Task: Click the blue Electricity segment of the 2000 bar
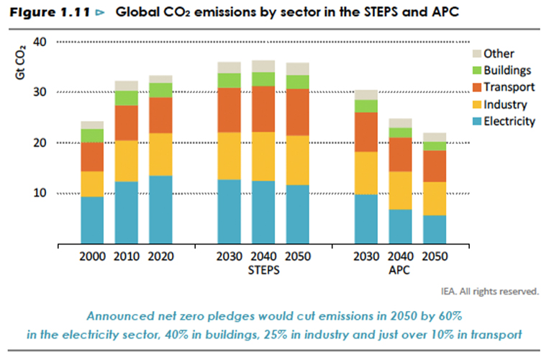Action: pyautogui.click(x=91, y=220)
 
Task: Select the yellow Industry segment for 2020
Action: pyautogui.click(x=160, y=155)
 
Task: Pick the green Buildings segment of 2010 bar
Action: pyautogui.click(x=126, y=98)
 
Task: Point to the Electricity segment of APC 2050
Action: pyautogui.click(x=434, y=230)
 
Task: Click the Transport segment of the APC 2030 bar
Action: pyautogui.click(x=365, y=132)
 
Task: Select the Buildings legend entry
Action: pyautogui.click(x=507, y=71)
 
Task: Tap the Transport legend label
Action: pyautogui.click(x=509, y=87)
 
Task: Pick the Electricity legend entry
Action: pyautogui.click(x=509, y=121)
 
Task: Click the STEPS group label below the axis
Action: pyautogui.click(x=263, y=271)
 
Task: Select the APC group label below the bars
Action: pyautogui.click(x=399, y=271)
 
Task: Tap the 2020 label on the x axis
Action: pyautogui.click(x=160, y=257)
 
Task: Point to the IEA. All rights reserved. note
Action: pyautogui.click(x=490, y=292)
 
